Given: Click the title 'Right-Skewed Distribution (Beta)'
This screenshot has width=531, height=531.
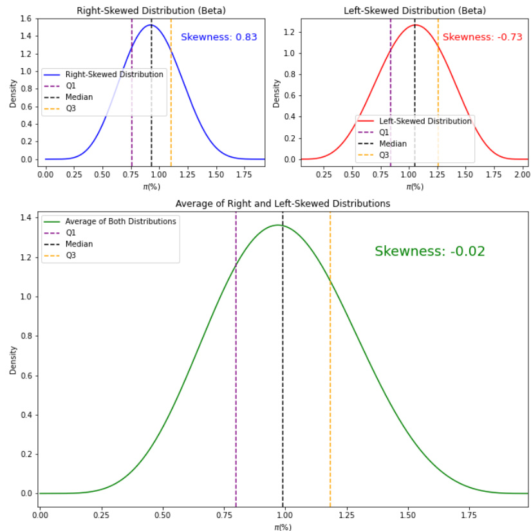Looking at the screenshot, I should (x=151, y=10).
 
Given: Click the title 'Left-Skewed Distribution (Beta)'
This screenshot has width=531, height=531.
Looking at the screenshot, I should (x=415, y=10).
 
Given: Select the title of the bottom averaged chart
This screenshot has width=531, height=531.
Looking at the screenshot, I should (x=283, y=203).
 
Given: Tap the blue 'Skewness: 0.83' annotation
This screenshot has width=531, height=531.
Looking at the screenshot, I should (x=219, y=37).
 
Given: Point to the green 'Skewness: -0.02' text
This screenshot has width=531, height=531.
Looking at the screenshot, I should (x=429, y=252).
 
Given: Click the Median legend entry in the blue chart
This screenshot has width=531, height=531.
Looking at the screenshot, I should (x=79, y=97).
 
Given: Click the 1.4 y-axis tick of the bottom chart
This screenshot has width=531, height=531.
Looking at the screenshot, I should (x=26, y=218).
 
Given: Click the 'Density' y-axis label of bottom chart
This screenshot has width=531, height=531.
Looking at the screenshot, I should (x=13, y=360).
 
